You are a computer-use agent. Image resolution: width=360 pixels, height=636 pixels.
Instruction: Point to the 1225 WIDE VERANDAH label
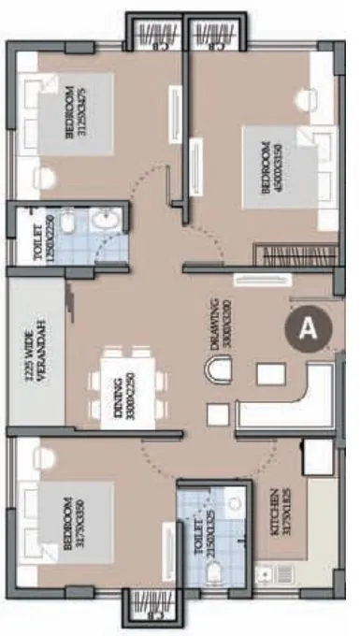pyautogui.click(x=35, y=354)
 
